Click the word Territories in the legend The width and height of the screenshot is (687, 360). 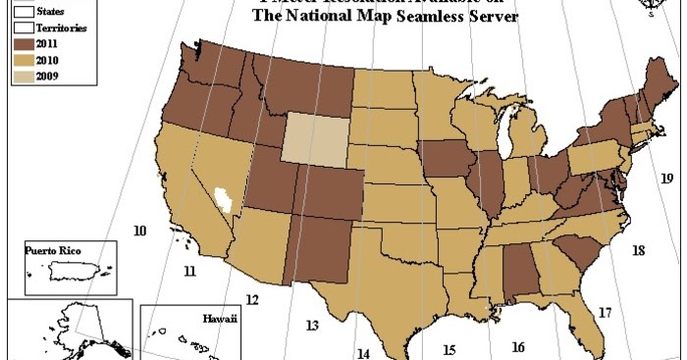click(60, 28)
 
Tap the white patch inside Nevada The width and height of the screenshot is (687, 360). click(226, 200)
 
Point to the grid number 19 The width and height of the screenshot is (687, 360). click(666, 179)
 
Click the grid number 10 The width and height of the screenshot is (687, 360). click(139, 231)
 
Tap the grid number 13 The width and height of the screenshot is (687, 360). click(313, 326)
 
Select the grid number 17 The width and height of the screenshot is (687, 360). click(605, 314)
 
